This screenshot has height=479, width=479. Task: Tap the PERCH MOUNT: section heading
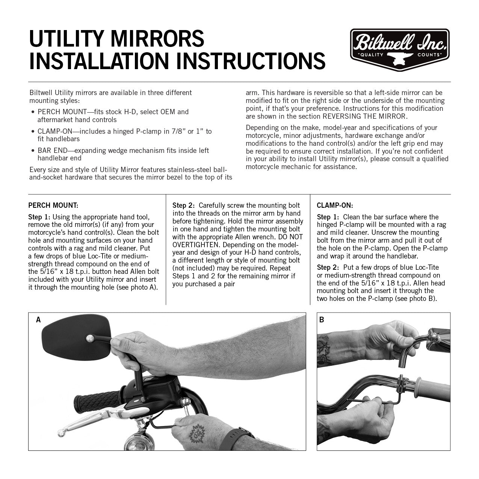53,206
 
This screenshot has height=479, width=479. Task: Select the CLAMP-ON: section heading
335,206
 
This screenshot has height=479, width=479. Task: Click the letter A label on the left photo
38,320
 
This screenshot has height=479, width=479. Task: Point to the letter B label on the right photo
322,320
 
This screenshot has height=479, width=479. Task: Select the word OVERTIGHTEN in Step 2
195,245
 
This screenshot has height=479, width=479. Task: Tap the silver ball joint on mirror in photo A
89,339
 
